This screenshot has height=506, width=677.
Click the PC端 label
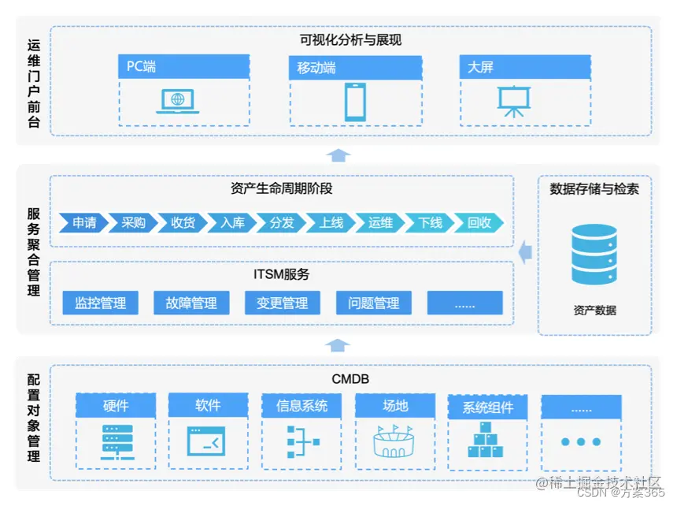click(142, 67)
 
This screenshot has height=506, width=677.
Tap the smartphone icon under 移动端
click(354, 102)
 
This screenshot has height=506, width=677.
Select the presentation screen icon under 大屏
click(513, 101)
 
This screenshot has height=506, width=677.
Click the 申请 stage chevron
click(83, 223)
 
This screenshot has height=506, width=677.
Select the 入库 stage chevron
click(232, 223)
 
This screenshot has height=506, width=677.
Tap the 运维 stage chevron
click(380, 223)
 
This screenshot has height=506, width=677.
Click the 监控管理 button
click(100, 303)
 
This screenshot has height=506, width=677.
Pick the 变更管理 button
click(282, 303)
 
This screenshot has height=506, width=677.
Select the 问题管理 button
click(373, 303)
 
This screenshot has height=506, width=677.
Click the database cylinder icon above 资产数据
click(594, 255)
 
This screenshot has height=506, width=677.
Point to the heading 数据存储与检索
click(594, 189)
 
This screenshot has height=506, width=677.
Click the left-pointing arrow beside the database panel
click(525, 251)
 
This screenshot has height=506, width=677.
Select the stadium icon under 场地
click(394, 441)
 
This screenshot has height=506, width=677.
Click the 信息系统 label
click(302, 406)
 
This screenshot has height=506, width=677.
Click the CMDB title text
click(350, 380)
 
